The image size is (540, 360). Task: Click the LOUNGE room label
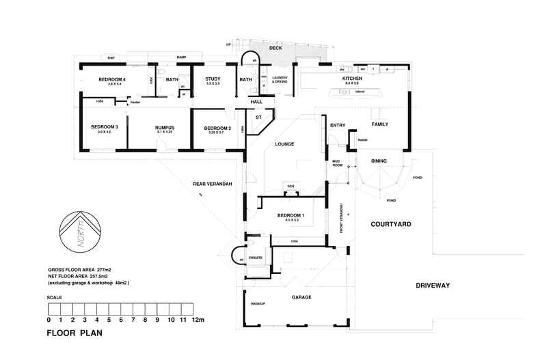click(284, 144)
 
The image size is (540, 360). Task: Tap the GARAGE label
click(301, 297)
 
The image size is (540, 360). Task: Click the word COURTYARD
click(391, 224)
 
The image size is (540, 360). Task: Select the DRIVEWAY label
click(432, 285)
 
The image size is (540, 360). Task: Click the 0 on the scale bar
click(49, 320)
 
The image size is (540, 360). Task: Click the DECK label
click(275, 49)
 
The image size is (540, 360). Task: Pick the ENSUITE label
click(256, 258)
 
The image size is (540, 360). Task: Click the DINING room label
click(378, 161)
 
